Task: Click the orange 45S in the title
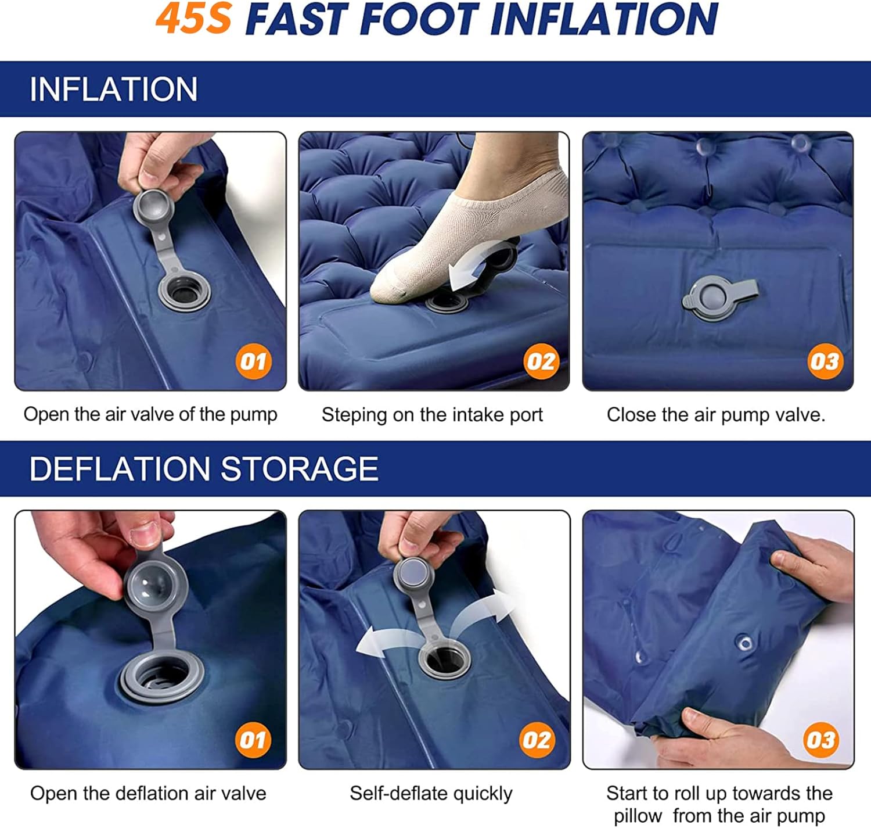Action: point(193,19)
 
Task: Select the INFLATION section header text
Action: point(113,89)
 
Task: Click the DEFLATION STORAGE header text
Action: point(204,469)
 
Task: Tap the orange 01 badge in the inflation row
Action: point(253,361)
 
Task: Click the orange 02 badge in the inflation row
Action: point(541,361)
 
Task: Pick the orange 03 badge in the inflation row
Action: point(825,361)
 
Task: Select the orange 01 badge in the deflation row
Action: point(253,740)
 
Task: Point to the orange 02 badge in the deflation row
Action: point(537,740)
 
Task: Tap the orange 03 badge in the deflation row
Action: point(820,740)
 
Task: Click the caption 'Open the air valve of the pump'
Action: point(150,415)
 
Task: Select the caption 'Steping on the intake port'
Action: point(433,415)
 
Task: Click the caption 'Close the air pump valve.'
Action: point(716,415)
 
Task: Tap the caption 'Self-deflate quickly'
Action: point(431,794)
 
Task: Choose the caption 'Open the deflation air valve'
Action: point(148,794)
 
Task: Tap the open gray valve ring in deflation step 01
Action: point(162,678)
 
